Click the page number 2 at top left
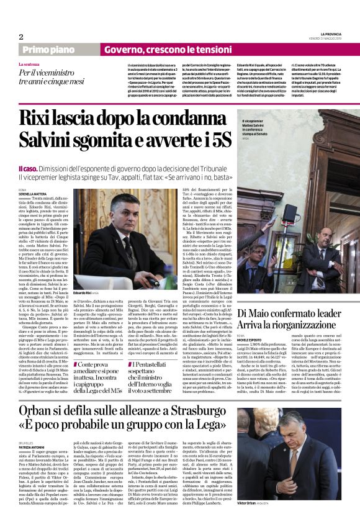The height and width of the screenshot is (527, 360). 20,37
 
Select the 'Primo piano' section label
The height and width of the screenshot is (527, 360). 47,49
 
